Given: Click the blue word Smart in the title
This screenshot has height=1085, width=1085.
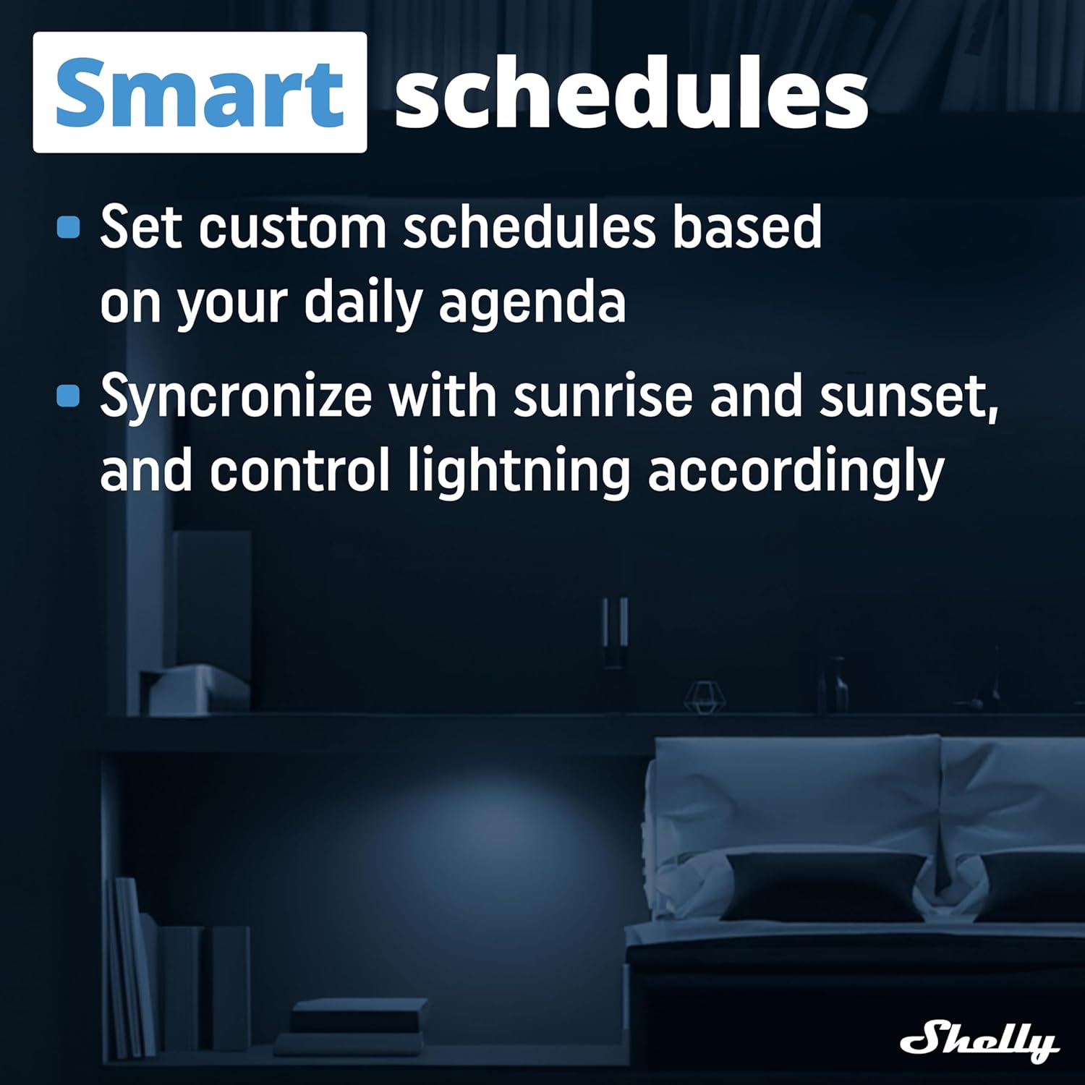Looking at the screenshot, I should point(199,93).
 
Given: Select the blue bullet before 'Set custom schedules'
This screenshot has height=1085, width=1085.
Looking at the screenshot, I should point(68,227).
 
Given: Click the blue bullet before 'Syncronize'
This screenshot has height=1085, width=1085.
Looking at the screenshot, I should point(68,396).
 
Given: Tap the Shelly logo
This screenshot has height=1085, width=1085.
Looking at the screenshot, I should point(979,1042).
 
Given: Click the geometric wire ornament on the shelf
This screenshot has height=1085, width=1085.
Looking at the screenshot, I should point(704,696).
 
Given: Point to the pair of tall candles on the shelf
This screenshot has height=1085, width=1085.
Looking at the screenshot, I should point(614,629).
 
